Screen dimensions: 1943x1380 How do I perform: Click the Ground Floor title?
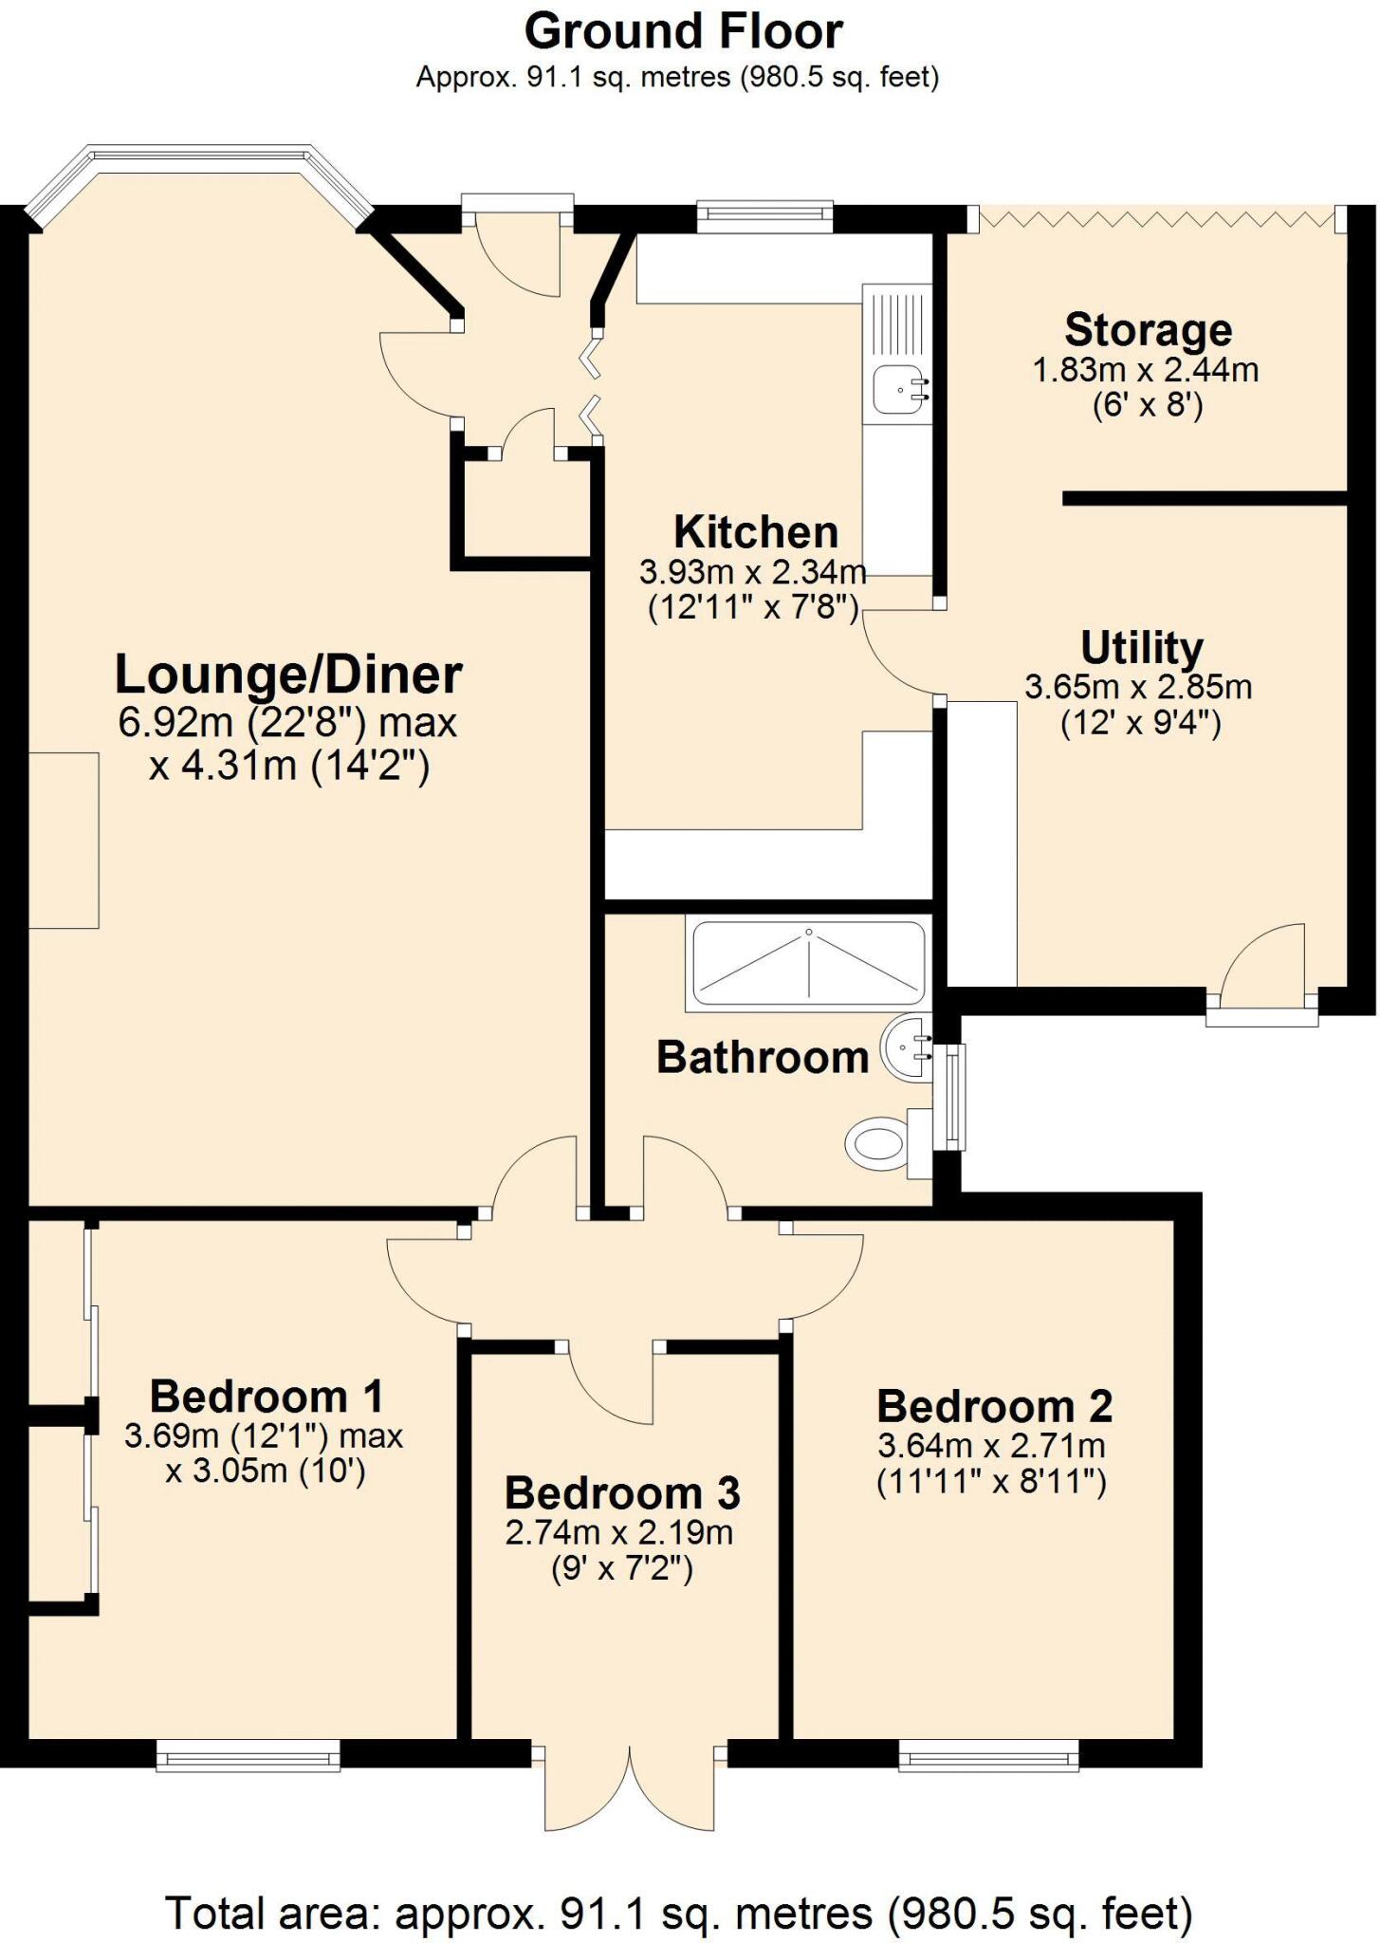683,31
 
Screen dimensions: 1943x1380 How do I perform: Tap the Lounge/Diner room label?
288,675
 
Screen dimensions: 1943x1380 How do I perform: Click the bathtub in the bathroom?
808,963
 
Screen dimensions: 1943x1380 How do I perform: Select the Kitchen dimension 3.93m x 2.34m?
753,572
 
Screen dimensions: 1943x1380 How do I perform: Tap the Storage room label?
1148,330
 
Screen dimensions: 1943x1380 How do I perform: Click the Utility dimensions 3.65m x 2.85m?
1138,687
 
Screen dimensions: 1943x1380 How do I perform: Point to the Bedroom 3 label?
621,1493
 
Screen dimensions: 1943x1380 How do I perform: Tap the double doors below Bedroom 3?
630,1788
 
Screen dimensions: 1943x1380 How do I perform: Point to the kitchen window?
764,215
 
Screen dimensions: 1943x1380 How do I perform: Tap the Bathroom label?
763,1057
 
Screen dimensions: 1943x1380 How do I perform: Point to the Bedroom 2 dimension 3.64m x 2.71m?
991,1446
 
